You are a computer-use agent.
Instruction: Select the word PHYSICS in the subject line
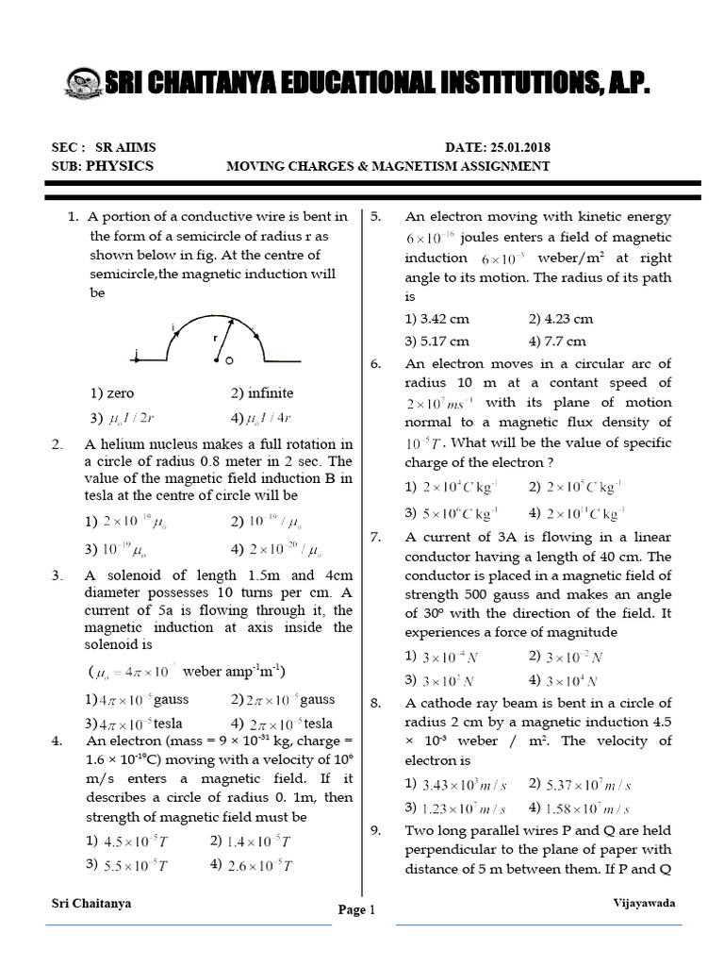coord(120,165)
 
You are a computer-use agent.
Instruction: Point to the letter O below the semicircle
coord(229,360)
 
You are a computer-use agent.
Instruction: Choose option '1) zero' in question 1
coord(112,393)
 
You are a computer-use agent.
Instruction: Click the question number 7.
coord(375,537)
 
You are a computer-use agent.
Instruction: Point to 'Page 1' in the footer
coord(357,909)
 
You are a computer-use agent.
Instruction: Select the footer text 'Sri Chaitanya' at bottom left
coord(91,903)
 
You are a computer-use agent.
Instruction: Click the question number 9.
coord(375,830)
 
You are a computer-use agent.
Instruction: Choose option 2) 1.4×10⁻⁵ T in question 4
coord(250,841)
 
